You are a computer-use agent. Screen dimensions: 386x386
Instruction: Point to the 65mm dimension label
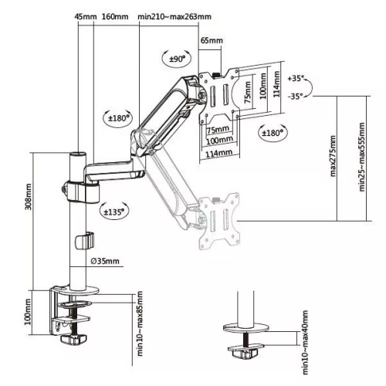click(212, 41)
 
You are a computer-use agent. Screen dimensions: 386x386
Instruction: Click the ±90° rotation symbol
click(176, 58)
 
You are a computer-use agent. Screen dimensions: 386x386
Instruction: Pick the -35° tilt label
click(295, 96)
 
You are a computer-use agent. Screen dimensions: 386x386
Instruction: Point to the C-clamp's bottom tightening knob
click(71, 339)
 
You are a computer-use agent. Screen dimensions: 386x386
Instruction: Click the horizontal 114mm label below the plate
click(219, 153)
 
